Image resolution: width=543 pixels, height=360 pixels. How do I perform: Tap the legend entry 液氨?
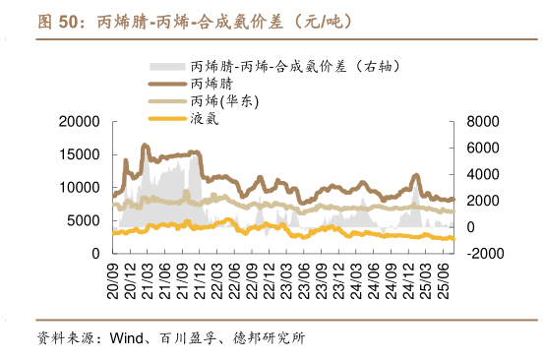[205, 118]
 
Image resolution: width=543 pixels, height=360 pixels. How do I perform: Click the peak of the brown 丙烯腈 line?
[146, 146]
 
